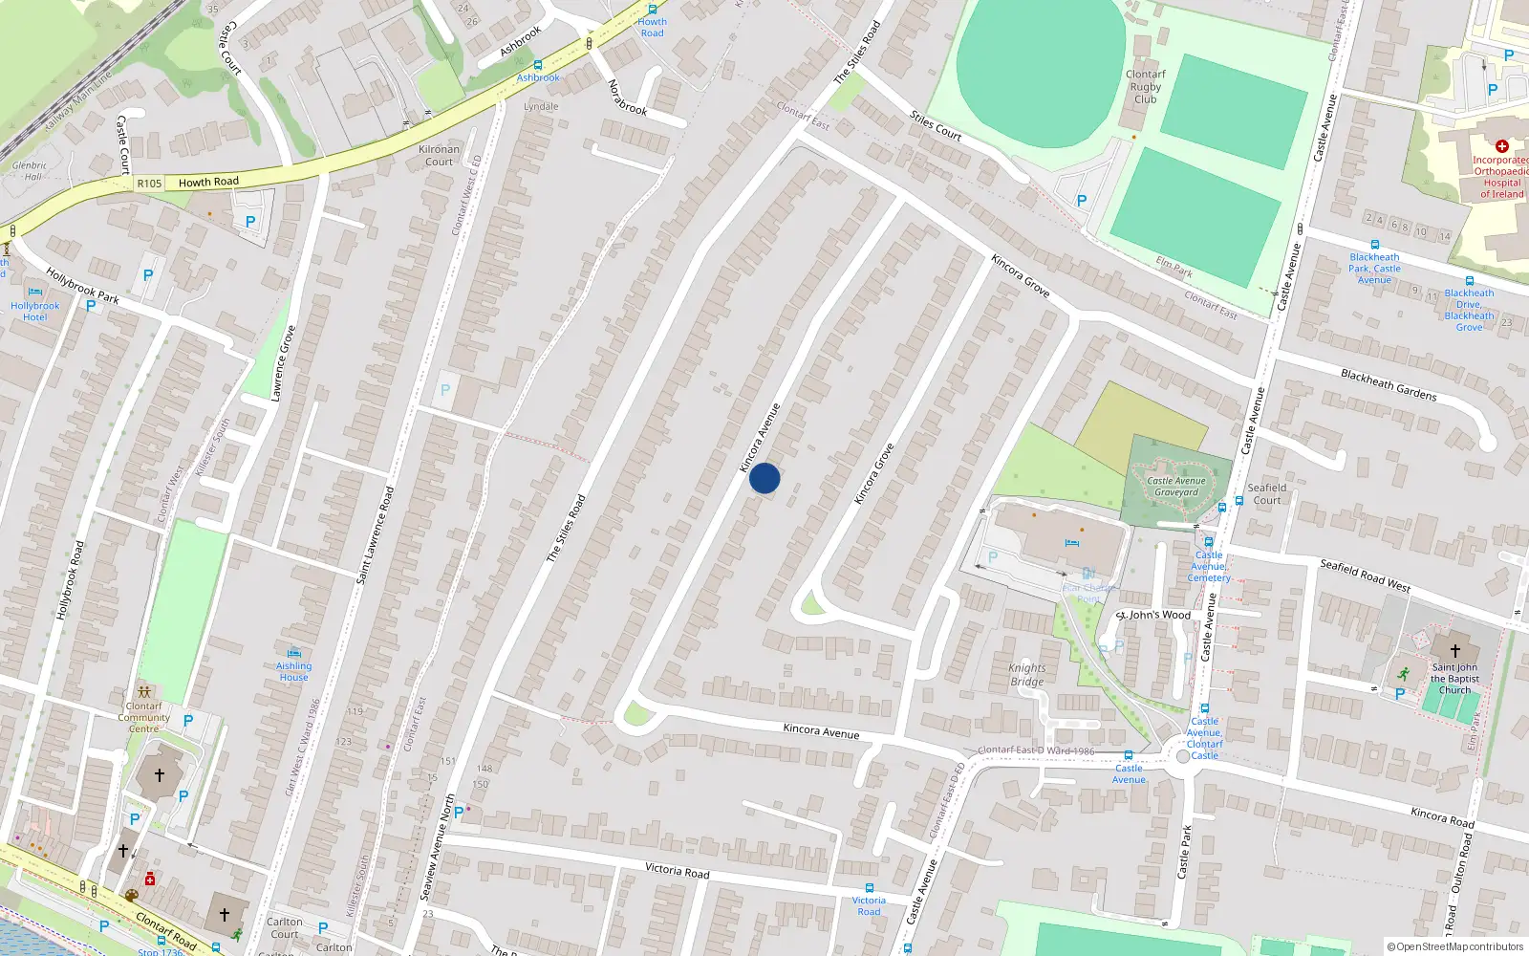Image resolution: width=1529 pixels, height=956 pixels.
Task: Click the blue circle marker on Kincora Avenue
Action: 764,478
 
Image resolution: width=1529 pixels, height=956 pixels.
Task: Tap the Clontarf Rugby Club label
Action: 1145,86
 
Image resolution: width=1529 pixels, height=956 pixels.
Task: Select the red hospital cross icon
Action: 1501,146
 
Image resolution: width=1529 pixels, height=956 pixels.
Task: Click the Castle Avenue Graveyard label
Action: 1175,487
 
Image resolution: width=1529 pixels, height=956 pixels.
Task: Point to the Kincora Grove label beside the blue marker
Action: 873,474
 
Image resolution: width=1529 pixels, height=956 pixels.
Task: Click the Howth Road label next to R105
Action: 208,182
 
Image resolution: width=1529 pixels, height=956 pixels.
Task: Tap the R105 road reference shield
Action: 150,184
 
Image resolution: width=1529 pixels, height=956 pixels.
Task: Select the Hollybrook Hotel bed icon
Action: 35,293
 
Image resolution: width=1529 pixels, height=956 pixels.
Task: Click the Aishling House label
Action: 293,671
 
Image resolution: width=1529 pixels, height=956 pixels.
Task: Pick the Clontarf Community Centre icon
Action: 144,691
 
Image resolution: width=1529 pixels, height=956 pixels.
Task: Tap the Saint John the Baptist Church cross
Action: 1454,650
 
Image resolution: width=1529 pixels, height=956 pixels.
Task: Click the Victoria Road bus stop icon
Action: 869,888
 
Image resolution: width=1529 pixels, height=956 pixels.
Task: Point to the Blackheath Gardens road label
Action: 1388,384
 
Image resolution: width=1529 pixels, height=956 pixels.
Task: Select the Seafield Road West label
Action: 1365,576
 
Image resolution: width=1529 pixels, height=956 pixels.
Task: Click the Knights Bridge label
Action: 1027,675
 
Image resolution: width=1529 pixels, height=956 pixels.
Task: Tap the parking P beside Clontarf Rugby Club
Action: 1082,201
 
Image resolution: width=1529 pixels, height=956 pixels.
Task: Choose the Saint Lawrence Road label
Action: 375,535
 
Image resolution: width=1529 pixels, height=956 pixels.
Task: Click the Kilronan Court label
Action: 439,155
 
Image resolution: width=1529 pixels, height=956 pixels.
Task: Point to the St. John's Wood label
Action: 1153,615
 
